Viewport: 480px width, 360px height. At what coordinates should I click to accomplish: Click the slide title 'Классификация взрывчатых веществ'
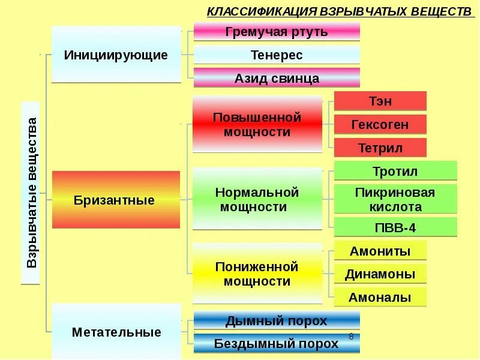(x=340, y=11)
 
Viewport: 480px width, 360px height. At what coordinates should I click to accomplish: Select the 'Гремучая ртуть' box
(x=277, y=32)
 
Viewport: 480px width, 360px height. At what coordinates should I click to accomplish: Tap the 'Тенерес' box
(x=277, y=55)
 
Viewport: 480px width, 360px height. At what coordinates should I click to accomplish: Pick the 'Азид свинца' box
(x=277, y=78)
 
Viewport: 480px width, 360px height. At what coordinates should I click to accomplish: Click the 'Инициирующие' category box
(x=116, y=55)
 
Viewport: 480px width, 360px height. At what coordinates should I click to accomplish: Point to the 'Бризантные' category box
(x=116, y=200)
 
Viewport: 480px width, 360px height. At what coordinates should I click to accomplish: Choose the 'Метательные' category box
(x=116, y=332)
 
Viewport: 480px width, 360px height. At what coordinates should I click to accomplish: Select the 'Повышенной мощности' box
(x=257, y=124)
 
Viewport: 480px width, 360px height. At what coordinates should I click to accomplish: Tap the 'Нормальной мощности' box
(x=257, y=200)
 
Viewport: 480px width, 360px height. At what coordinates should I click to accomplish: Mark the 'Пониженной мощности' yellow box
(x=257, y=274)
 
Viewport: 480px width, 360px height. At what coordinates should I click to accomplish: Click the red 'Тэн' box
(x=380, y=101)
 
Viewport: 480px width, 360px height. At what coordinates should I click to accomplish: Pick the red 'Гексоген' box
(x=380, y=124)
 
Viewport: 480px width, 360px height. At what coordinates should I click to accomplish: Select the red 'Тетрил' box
(x=380, y=148)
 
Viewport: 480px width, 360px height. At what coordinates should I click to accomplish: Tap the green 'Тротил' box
(x=395, y=171)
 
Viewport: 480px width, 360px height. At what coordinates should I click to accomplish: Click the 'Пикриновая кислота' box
(x=395, y=199)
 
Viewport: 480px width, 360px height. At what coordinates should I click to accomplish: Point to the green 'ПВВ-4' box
(x=395, y=227)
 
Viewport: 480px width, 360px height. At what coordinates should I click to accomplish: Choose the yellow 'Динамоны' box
(x=380, y=274)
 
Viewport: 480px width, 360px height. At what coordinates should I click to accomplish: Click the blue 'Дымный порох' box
(x=277, y=320)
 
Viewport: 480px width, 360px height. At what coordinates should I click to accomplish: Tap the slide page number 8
(x=351, y=337)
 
